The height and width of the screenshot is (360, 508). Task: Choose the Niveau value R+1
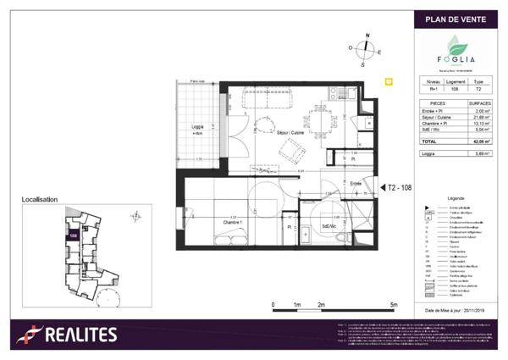434,88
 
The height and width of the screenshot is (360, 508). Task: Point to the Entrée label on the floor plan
356,183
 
